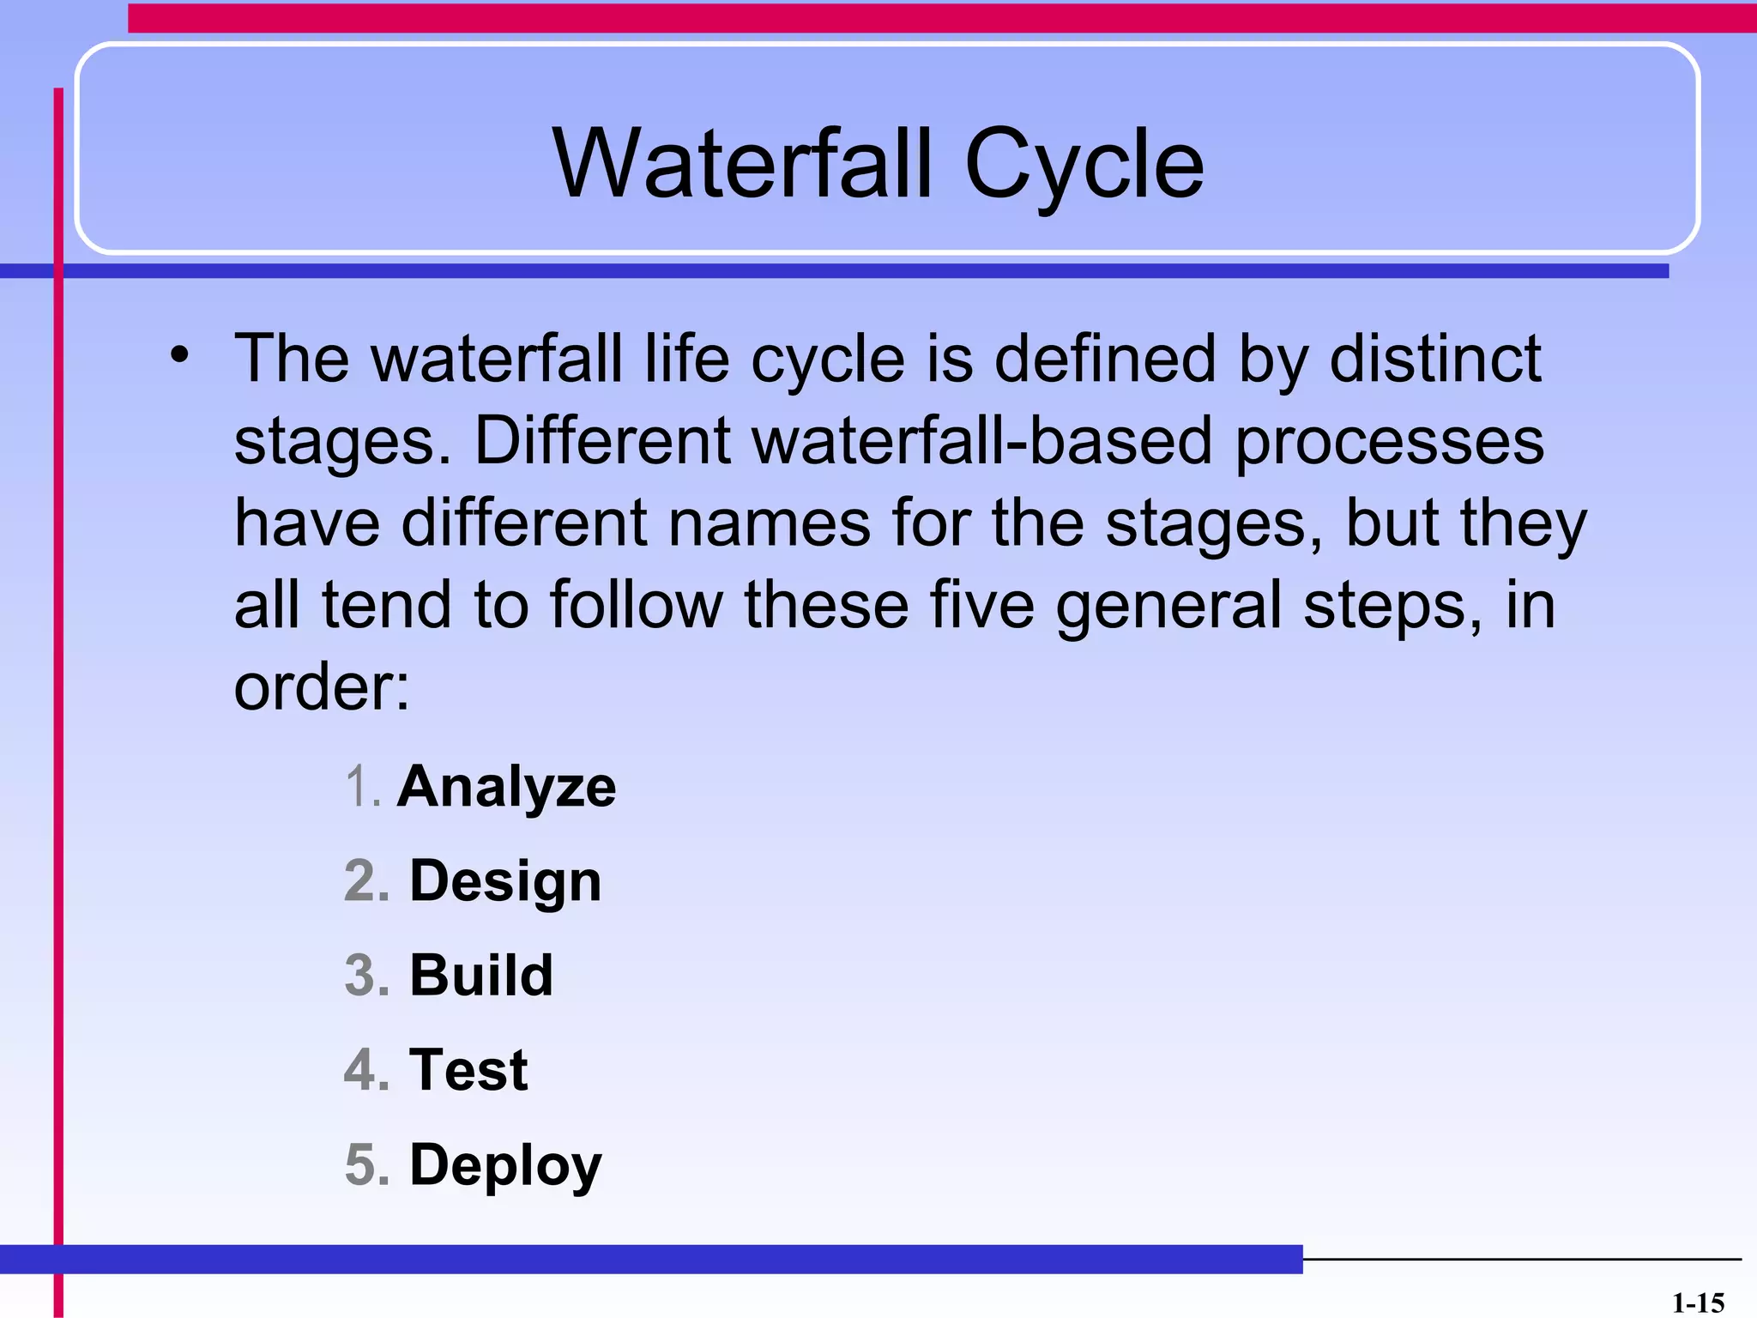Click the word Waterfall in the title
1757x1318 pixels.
tap(742, 163)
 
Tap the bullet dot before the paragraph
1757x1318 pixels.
tap(178, 354)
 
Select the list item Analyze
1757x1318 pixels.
tap(506, 787)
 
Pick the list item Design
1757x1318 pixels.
tap(505, 882)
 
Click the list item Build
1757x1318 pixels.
tap(481, 976)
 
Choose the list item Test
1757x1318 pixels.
tap(468, 1070)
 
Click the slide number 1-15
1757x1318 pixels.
tap(1698, 1303)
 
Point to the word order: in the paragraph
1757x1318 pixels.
tap(322, 687)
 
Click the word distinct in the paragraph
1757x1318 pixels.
tap(1434, 358)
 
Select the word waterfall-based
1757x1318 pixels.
tap(983, 440)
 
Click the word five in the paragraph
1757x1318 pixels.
tap(981, 604)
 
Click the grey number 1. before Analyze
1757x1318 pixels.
tap(362, 787)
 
